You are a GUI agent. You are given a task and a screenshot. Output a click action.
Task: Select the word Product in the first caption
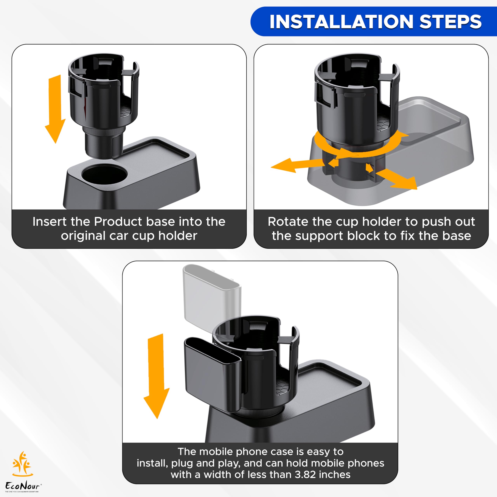click(x=118, y=222)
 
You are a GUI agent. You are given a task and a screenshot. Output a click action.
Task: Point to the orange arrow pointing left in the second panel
click(x=291, y=165)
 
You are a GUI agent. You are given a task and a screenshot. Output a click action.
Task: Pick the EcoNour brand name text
click(x=23, y=486)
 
